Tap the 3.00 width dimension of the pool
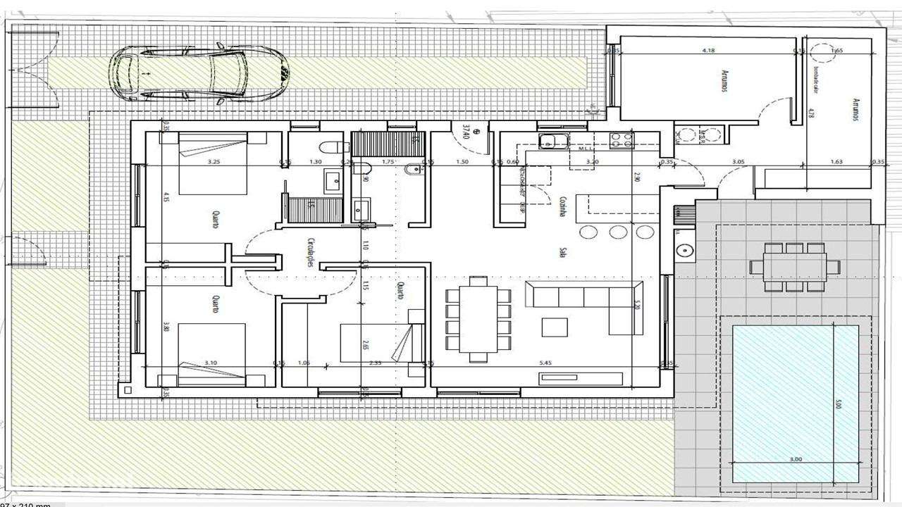click(796, 459)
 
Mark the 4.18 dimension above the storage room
click(709, 51)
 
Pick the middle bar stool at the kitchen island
click(617, 232)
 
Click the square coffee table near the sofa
click(555, 327)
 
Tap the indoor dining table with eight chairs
click(478, 314)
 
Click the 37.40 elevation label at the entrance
click(466, 132)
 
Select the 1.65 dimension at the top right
click(837, 51)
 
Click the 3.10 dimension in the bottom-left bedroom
click(211, 363)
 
